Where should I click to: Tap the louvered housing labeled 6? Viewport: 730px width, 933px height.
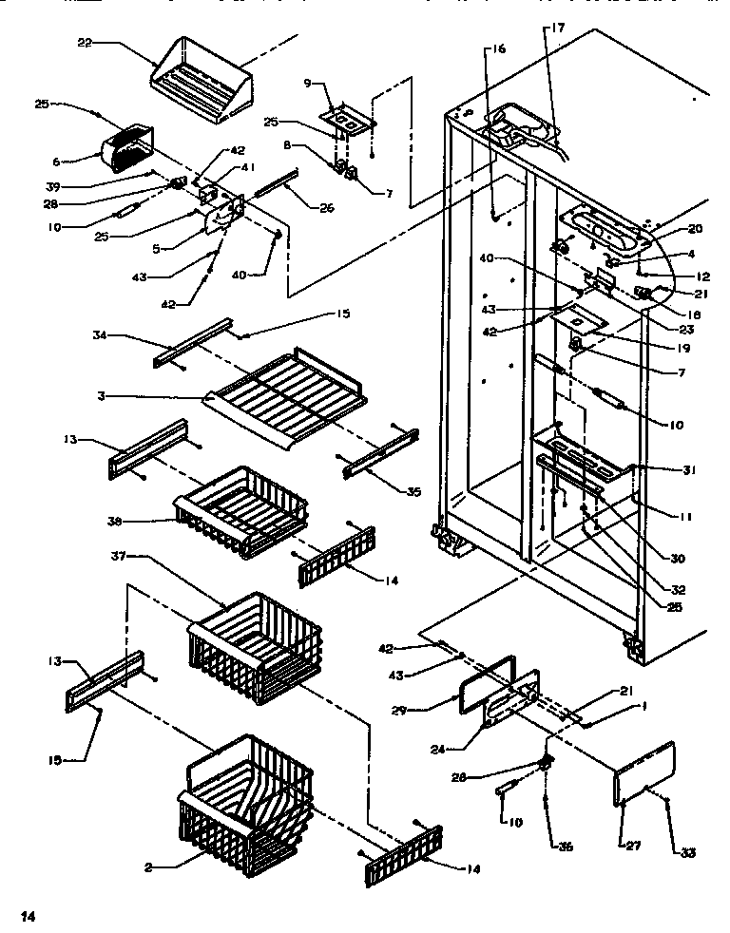pos(128,152)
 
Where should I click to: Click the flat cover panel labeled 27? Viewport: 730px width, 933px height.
pos(644,774)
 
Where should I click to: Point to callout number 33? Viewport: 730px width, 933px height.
pos(688,852)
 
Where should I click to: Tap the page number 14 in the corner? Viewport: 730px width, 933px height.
pos(29,917)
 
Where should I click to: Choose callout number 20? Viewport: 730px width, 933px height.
pos(695,228)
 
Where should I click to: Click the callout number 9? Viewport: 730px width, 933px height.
pos(307,82)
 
